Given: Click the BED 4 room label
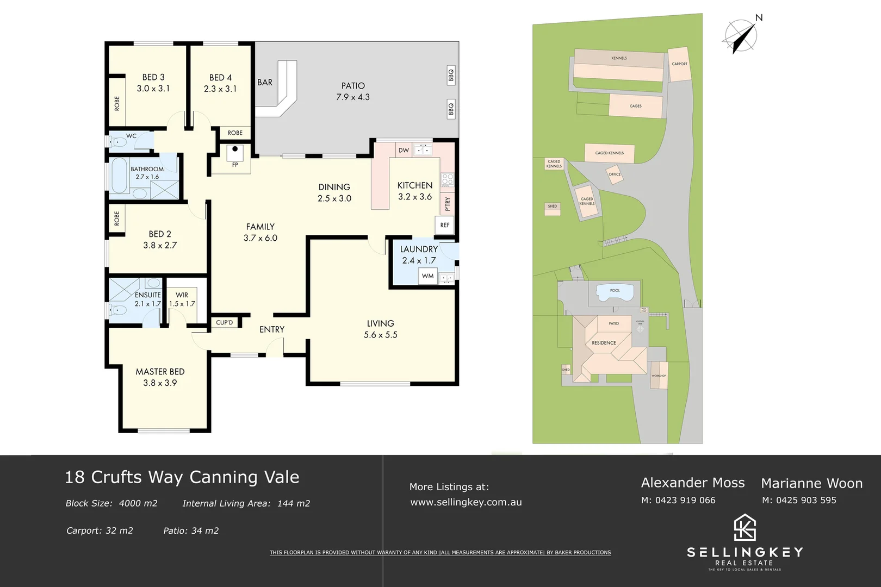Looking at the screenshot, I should point(220,78).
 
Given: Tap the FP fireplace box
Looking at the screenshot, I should point(235,158).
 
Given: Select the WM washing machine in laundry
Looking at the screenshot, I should point(428,276).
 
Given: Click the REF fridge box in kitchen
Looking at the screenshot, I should point(445,225).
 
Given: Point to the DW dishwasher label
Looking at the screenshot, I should point(404,151).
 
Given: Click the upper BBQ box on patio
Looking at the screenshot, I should point(451,75).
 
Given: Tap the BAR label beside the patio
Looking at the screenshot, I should point(265,83).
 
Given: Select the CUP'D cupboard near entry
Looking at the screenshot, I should point(224,323).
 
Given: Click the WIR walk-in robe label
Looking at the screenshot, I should point(182,295).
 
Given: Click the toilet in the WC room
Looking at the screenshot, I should point(116,143).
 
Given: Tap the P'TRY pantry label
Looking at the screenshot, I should point(448,204).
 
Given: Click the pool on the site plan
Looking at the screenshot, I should point(615,293).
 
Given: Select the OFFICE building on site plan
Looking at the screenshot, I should point(615,174).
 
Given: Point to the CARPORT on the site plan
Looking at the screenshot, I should point(679,64).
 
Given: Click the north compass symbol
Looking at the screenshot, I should point(741,36).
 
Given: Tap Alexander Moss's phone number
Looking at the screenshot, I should point(678,501).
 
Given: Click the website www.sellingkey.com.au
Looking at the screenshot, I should point(466,503).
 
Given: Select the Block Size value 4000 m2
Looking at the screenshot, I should point(138,504).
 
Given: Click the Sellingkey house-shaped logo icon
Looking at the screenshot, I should point(745,528).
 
